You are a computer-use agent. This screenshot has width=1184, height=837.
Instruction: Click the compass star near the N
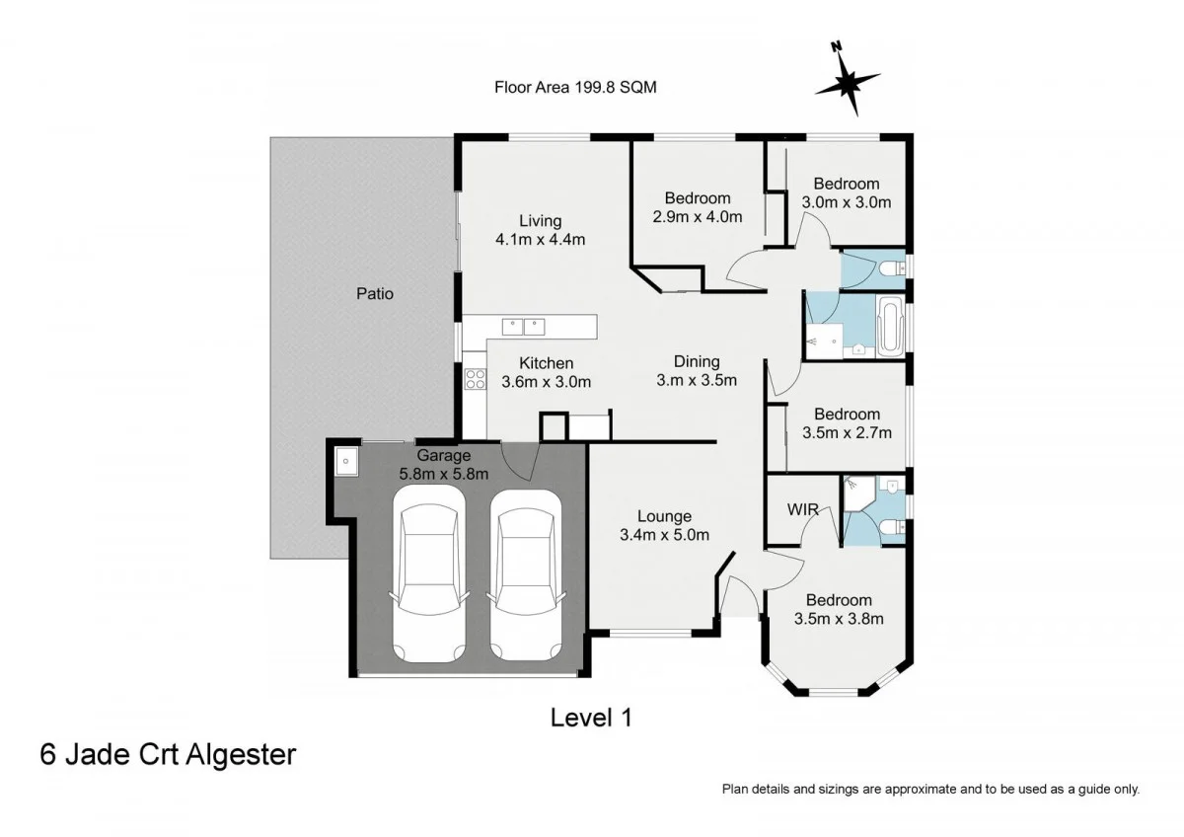tap(848, 84)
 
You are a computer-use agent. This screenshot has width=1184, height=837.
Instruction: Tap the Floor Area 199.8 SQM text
tap(575, 87)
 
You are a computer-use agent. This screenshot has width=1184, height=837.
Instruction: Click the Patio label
tap(374, 293)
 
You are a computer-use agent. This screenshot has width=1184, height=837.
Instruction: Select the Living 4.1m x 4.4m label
tap(541, 230)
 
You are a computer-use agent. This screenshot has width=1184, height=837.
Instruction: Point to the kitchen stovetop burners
tap(475, 379)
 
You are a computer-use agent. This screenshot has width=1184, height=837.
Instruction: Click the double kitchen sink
tap(523, 327)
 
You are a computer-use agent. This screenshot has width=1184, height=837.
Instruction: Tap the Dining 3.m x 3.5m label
tap(697, 371)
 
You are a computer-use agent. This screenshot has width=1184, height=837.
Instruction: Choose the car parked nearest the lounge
tap(525, 575)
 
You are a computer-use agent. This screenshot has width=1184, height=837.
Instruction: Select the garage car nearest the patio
tap(428, 574)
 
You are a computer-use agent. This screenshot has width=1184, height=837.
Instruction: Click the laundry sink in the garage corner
tap(345, 462)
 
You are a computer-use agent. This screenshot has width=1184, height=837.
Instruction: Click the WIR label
tap(802, 509)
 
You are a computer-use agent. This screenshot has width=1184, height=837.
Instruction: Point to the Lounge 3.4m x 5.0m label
tap(664, 525)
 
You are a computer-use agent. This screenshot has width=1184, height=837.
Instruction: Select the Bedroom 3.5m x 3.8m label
tap(839, 609)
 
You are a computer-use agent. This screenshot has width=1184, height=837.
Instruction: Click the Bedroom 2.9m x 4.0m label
tap(698, 207)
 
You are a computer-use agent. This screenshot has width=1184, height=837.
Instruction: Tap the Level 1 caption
tap(591, 718)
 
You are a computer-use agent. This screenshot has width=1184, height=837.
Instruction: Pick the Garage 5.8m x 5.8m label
tap(443, 464)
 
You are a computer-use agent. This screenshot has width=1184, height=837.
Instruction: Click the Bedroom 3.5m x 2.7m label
tap(847, 423)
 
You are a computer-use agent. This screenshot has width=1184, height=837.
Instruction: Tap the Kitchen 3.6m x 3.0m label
tap(546, 372)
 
